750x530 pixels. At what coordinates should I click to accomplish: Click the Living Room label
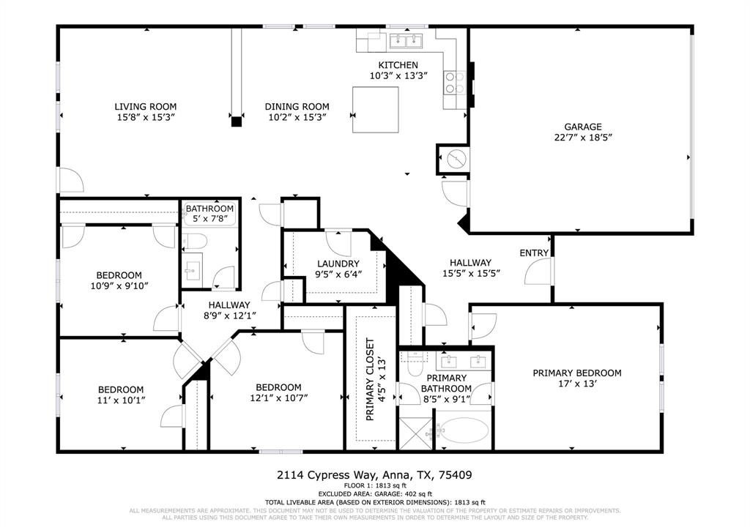coord(145,106)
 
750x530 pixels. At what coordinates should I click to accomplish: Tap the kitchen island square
coord(376,109)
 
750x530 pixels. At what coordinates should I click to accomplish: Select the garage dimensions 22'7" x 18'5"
coord(582,137)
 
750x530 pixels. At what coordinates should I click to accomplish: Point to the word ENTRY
coord(534,253)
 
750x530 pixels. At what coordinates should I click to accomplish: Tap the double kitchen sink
coord(405,40)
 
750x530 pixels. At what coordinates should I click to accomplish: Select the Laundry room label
coord(338,264)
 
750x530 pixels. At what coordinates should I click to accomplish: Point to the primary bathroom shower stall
coord(416,433)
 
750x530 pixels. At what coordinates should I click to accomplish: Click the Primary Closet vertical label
coord(370,381)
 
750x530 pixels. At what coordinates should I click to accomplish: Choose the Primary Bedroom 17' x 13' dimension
coord(576,384)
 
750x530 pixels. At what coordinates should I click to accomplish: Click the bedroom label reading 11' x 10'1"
coord(121,400)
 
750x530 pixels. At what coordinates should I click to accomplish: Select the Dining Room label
coord(297,106)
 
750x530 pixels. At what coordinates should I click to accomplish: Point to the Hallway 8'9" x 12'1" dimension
coord(229,316)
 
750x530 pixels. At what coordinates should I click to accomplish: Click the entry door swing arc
coord(538,273)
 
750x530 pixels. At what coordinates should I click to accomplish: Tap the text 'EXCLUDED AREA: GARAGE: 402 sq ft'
coord(374,494)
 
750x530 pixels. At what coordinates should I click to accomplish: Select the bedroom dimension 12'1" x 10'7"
coord(278,398)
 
